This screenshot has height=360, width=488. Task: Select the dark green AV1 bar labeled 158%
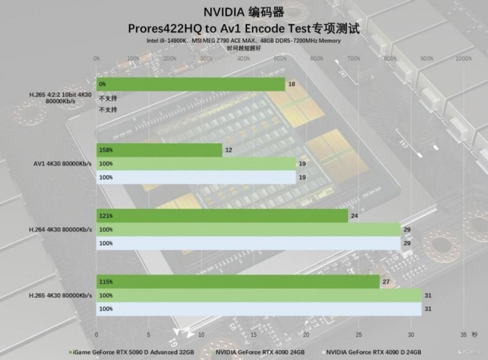coord(159,150)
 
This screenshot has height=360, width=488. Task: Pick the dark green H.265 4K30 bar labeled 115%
coord(238,281)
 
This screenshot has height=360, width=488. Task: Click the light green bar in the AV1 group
coord(196,164)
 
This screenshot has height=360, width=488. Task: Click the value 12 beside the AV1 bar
coord(229,150)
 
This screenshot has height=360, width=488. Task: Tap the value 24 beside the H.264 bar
coord(354,215)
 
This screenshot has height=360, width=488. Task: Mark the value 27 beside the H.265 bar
coord(386,281)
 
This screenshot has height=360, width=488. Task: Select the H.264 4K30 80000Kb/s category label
coord(60,229)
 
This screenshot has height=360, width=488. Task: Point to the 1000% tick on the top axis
coord(464,59)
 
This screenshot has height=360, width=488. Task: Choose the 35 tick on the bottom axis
coord(464,335)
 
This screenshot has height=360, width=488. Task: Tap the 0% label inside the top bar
coord(102,84)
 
